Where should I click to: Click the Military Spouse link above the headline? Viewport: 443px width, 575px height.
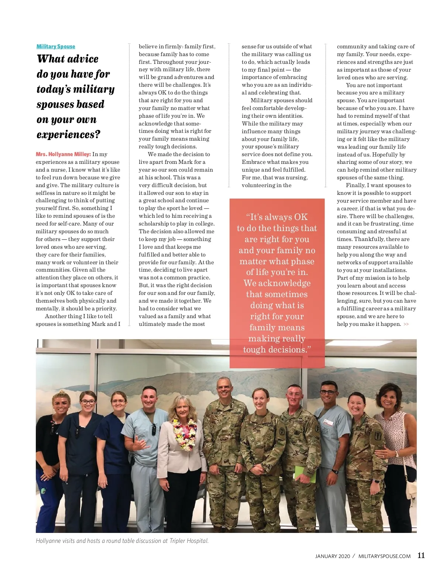(56, 47)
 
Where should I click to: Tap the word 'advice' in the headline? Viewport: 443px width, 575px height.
(83, 59)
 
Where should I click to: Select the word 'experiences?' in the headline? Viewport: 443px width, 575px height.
(68, 135)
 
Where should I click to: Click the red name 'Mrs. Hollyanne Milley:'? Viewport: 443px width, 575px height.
(63, 154)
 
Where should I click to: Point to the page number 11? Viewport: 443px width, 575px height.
(421, 555)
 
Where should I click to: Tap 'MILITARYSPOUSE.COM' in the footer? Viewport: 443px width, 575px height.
(384, 556)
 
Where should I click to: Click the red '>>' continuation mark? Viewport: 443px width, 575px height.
(406, 324)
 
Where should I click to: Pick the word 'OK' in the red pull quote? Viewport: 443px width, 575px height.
(301, 217)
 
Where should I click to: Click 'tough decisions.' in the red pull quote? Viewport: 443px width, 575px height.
(277, 350)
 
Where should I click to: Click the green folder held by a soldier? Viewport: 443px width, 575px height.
(305, 474)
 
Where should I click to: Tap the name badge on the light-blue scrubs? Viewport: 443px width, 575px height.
(328, 423)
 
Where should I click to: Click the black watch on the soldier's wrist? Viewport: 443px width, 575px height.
(334, 471)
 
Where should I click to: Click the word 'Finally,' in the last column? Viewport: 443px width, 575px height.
(355, 185)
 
